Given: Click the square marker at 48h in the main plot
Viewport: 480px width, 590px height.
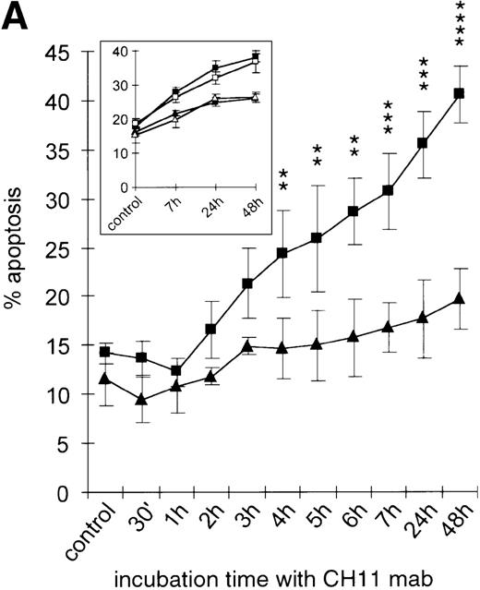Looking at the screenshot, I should (459, 93).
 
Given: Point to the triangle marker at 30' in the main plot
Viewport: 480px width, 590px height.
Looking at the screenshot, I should (140, 400).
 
